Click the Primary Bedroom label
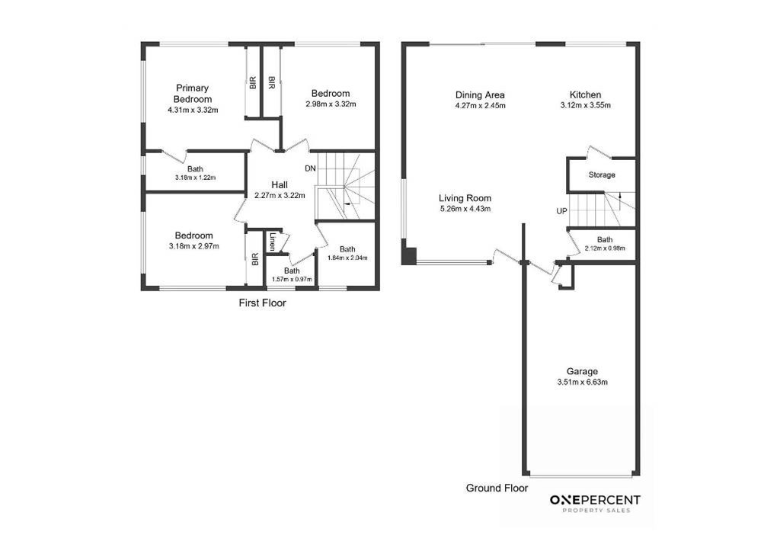point(193,94)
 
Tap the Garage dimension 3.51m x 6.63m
point(583,383)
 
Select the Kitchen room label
point(586,94)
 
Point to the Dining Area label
point(480,95)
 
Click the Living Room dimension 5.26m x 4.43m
point(465,209)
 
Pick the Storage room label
point(602,175)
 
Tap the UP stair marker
point(561,211)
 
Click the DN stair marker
point(311,168)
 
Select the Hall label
point(280,184)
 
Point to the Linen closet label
point(273,242)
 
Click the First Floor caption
point(263,303)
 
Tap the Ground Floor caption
point(497,488)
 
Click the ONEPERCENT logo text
point(595,500)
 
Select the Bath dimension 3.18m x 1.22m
point(195,178)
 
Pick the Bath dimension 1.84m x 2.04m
point(347,258)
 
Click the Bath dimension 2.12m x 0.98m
point(605,248)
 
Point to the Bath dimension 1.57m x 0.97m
point(292,279)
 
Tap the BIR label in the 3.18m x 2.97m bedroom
point(255,259)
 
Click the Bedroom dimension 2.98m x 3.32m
point(331,104)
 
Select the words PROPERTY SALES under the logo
point(596,511)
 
